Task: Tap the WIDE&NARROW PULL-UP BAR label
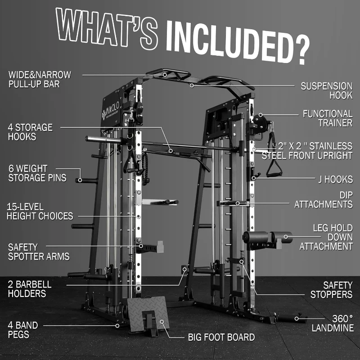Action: coord(40,79)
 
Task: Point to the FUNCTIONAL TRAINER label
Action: coord(327,118)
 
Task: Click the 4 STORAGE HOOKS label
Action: coord(30,132)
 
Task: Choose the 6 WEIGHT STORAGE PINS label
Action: coord(37,173)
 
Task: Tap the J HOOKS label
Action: coord(334,179)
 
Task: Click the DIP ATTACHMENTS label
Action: coord(323,199)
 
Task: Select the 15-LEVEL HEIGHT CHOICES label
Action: coord(40,211)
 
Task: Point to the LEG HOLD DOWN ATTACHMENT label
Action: coord(326,237)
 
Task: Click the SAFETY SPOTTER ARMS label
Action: coord(39,252)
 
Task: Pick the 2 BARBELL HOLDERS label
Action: coord(30,289)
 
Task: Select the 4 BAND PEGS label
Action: coord(22,329)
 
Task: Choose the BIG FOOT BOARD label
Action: coord(221,337)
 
